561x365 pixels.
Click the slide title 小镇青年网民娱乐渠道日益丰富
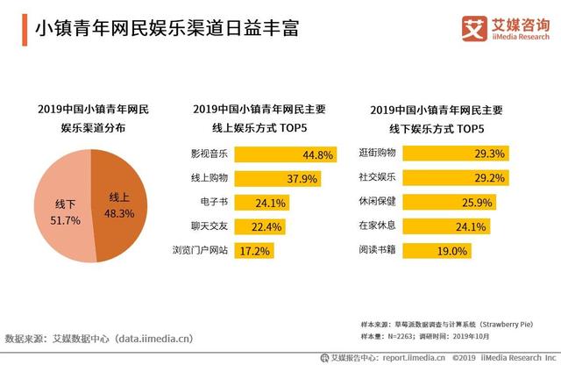tap(166, 28)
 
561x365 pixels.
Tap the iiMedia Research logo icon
tap(473, 28)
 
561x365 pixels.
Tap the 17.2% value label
tap(255, 252)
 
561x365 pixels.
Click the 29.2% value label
tap(488, 178)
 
